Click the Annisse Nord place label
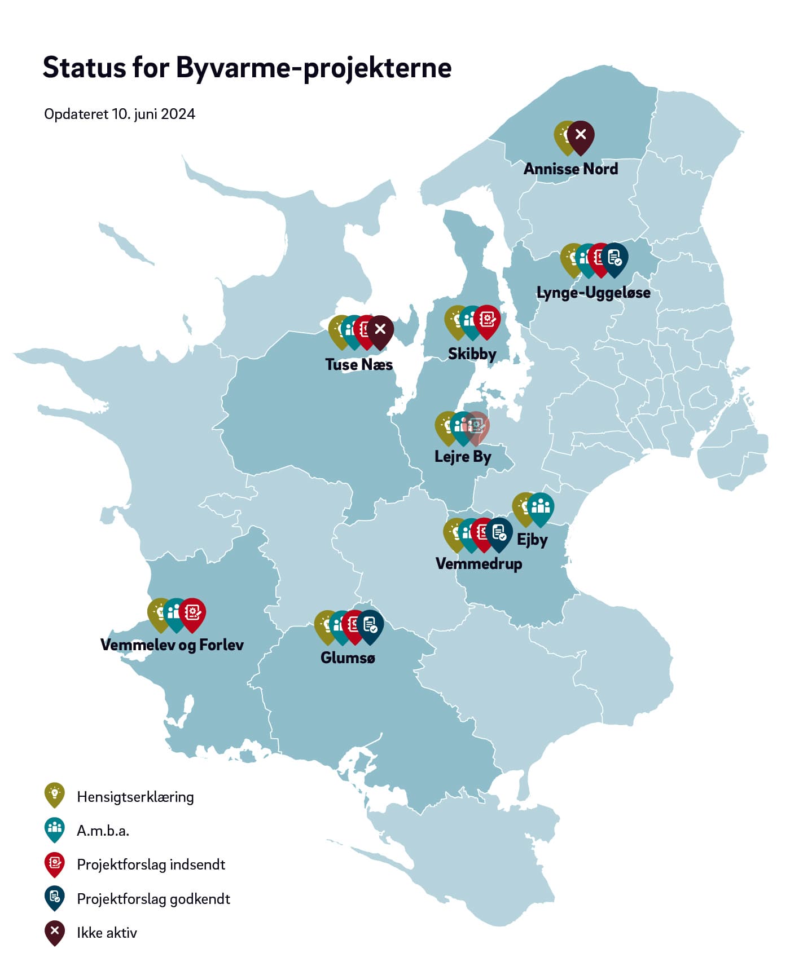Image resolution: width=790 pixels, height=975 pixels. (570, 169)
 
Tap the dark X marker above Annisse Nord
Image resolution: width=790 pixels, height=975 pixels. (581, 135)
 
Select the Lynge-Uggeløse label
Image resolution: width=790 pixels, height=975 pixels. (593, 293)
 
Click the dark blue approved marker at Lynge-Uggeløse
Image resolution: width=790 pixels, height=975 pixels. (615, 258)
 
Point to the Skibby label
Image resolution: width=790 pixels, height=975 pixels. (472, 354)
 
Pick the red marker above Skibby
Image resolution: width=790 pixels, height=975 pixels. (487, 319)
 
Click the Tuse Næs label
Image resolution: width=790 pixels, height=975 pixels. (359, 364)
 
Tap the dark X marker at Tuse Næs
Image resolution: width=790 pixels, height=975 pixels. (380, 329)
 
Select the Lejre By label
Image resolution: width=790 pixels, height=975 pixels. (463, 456)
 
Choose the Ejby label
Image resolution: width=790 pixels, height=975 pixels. (532, 540)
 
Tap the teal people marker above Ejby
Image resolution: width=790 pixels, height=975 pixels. (541, 506)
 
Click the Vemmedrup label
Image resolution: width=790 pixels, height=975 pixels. (479, 563)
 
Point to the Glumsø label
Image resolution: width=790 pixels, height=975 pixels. (348, 658)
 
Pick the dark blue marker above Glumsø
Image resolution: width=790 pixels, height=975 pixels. (370, 624)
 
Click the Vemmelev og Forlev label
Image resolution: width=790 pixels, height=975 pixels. (172, 645)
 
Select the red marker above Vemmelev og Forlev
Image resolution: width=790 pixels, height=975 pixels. (192, 612)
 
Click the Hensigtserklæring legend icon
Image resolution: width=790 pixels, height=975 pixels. (55, 794)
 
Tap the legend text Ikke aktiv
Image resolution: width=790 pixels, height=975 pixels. (107, 933)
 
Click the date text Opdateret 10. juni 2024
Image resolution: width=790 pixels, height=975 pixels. (120, 114)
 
